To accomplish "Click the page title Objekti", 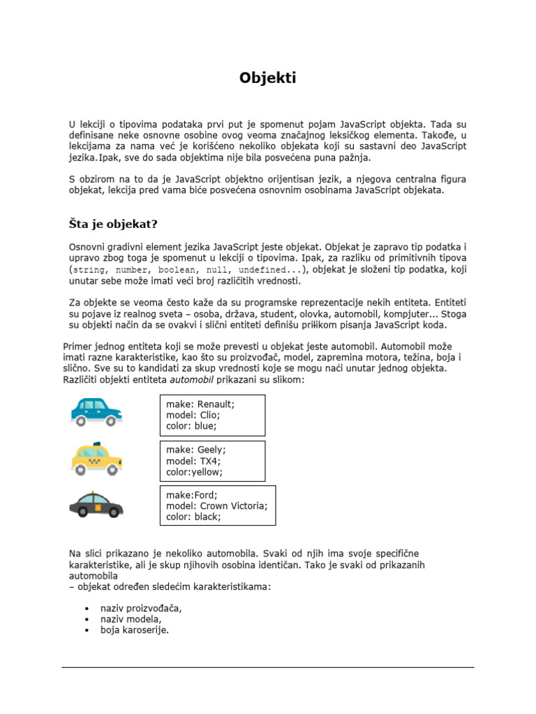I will click(268, 78).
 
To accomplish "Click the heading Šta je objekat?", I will click(113, 224).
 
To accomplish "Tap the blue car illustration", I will click(96, 411).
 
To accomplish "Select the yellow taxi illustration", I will click(96, 457).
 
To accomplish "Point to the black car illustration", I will click(96, 503).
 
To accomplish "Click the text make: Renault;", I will click(200, 404).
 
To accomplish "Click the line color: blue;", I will click(191, 425).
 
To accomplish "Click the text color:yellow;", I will click(194, 471).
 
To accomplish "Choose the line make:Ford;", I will click(191, 495).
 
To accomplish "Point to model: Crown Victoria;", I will click(216, 506).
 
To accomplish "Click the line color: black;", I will click(193, 517).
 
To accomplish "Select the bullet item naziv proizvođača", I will click(141, 608).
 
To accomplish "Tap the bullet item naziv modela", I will click(131, 619).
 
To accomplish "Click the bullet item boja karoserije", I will click(135, 630).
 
